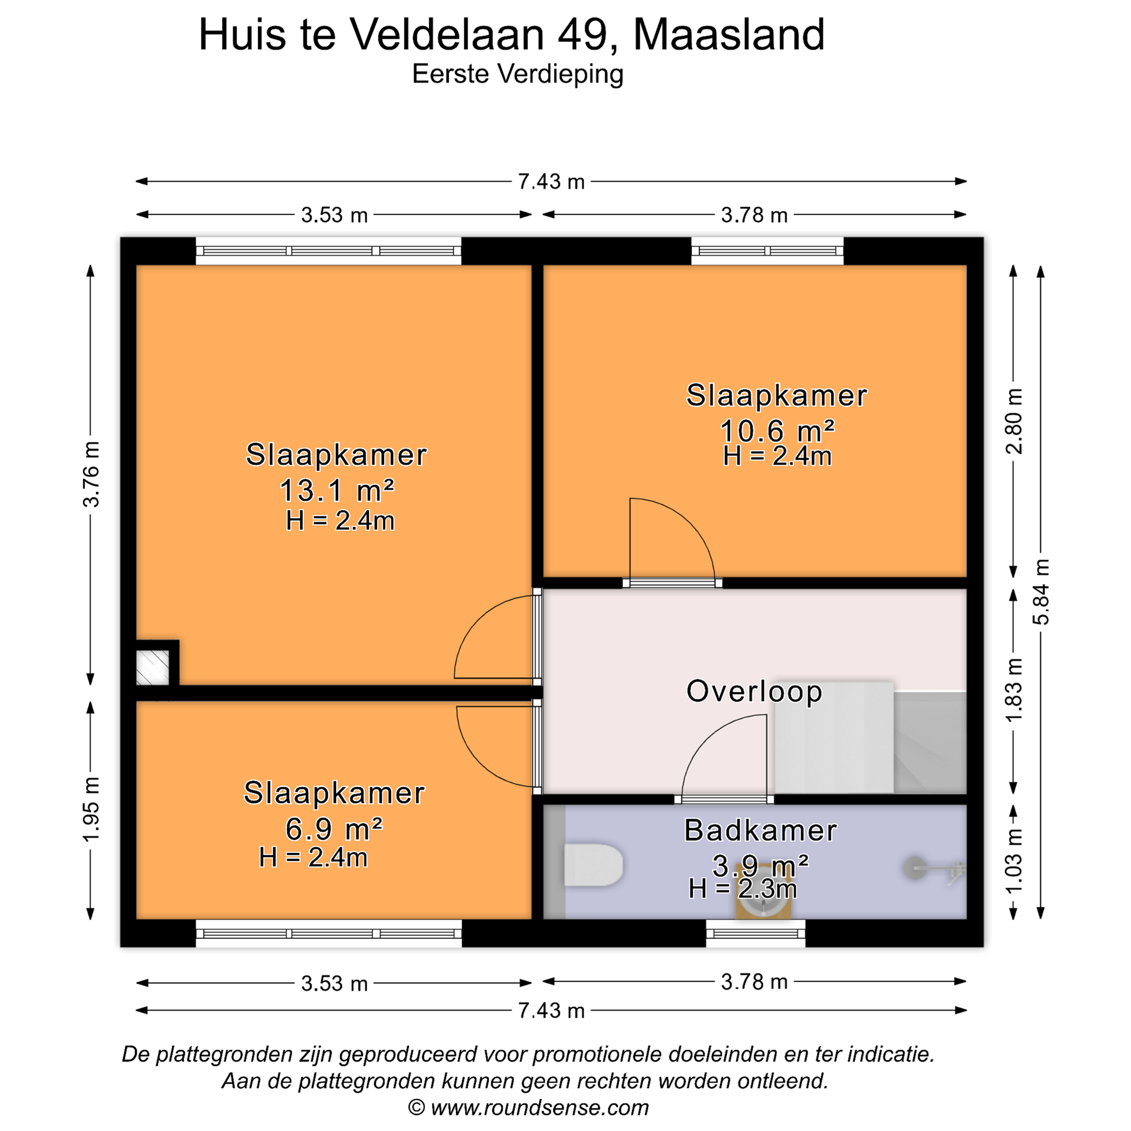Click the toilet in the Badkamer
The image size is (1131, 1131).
pos(593,865)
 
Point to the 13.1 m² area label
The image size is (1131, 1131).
pos(337,490)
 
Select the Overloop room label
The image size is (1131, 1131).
pos(754,691)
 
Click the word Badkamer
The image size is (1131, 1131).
pos(760,831)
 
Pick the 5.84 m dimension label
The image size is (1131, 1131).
pos(1041,592)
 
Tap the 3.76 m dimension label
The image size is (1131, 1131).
pos(92,474)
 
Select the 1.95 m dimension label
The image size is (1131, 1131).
pos(92,810)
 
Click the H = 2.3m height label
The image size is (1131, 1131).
pos(742,889)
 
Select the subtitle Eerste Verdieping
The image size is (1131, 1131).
pos(518,74)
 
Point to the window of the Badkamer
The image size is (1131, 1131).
pos(755,933)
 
